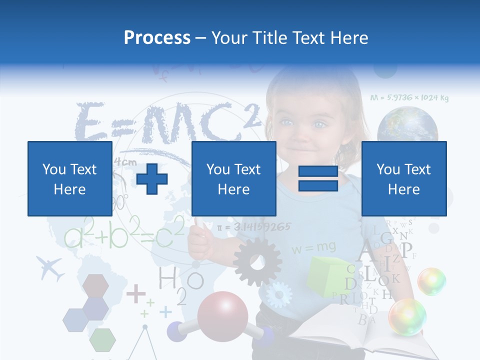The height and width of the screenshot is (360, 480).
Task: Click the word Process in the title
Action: pos(157,37)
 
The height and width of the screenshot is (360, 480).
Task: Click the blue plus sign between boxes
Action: pos(152,178)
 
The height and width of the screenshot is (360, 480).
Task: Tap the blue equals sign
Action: pos(318,178)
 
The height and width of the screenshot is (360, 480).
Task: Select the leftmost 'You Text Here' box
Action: pos(69,178)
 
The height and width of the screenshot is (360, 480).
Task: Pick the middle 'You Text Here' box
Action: pos(233,178)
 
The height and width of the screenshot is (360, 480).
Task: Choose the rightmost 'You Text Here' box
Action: pos(403,178)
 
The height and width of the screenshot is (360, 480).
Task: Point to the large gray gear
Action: pos(257,261)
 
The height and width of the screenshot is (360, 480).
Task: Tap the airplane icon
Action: pos(50,268)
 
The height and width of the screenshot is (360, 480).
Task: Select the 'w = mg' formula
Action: pos(314,247)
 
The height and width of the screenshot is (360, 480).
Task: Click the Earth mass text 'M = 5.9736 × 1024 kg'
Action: pos(409,98)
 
